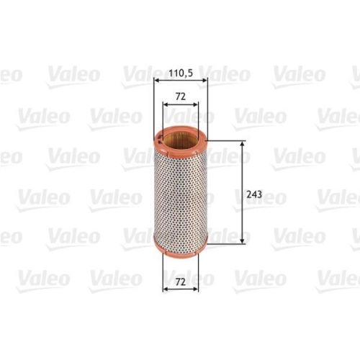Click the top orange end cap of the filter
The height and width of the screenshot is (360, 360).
coord(181,134)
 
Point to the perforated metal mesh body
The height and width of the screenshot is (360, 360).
coord(181,193)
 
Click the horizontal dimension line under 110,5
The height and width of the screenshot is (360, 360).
coord(181,83)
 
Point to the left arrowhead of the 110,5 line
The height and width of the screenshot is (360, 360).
coord(157,83)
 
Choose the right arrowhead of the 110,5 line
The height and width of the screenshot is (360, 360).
coord(204,83)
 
